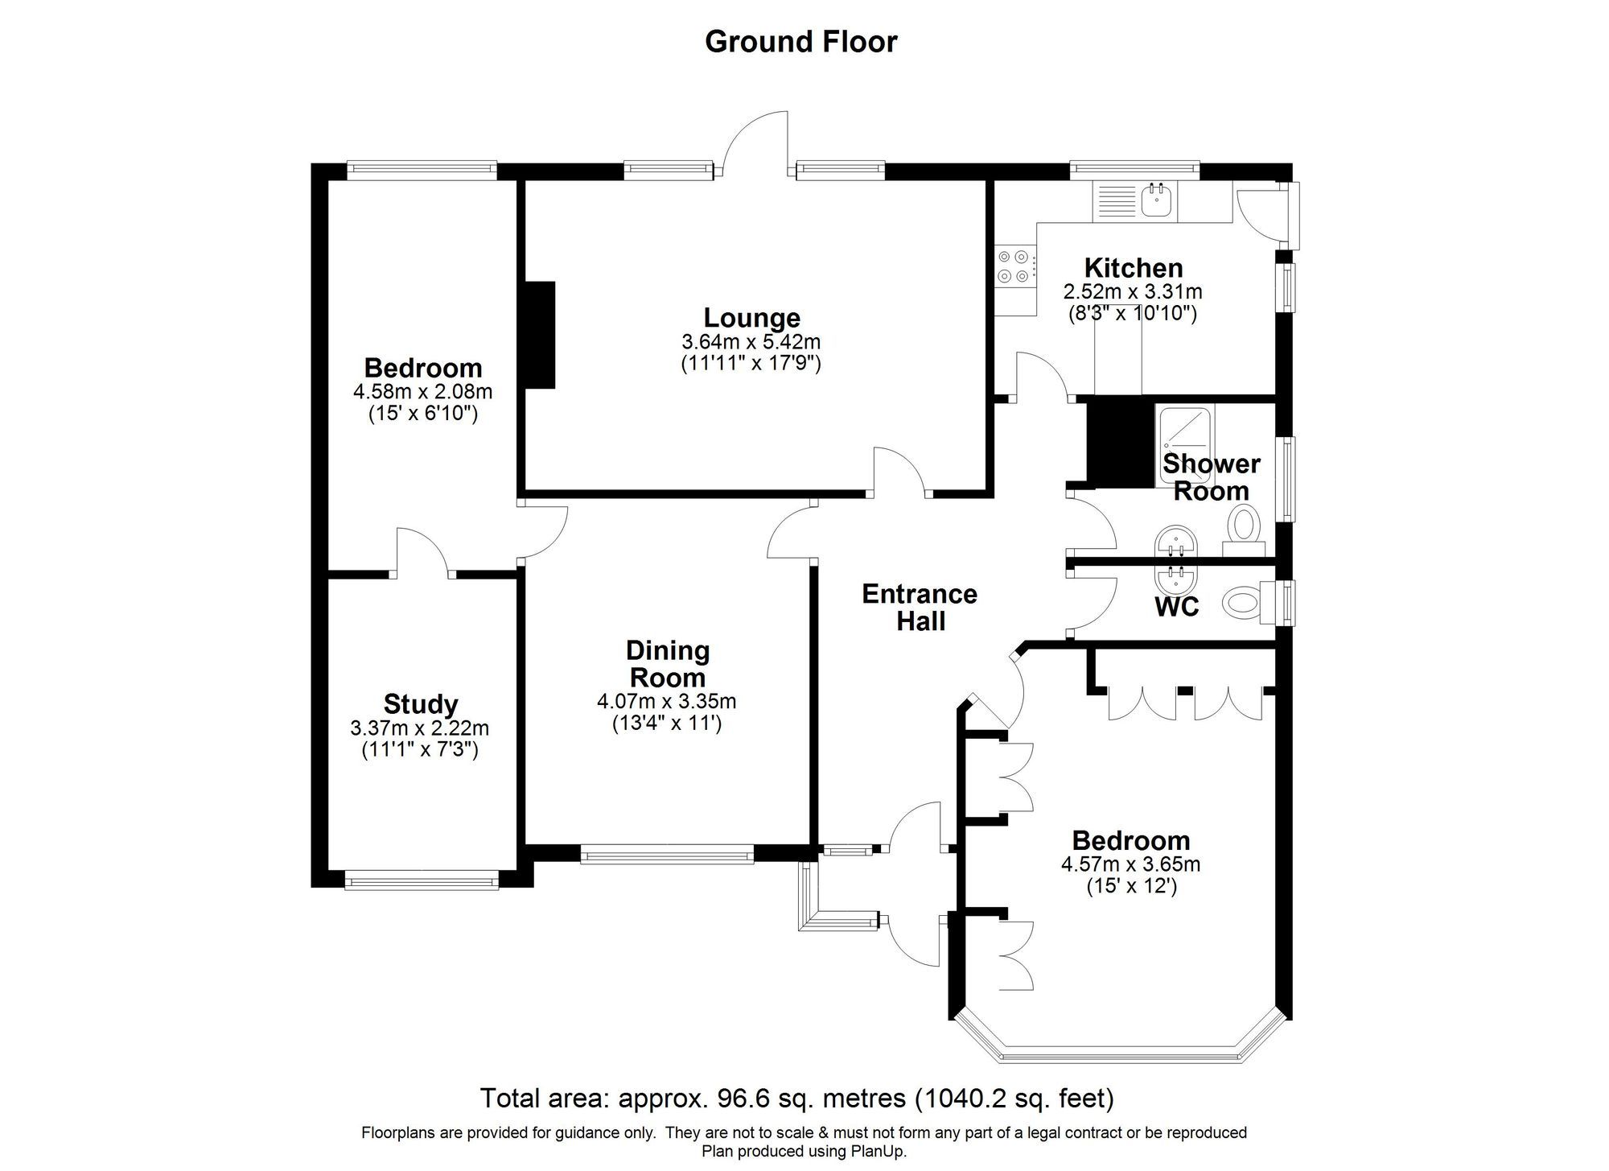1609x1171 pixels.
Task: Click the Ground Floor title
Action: point(800,41)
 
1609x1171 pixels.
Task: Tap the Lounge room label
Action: point(751,318)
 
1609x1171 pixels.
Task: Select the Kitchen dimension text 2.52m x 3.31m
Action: point(1133,291)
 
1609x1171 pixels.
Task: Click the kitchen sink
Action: point(1158,199)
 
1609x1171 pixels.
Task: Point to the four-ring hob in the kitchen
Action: point(1014,266)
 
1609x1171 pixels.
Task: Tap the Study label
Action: point(420,704)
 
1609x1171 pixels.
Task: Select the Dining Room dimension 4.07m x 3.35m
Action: point(666,701)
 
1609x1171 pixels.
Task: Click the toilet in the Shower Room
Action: point(1244,527)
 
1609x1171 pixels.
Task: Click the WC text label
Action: point(1176,607)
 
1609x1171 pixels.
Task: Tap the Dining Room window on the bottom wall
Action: point(666,854)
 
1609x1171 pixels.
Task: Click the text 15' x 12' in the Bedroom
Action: point(1131,887)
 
